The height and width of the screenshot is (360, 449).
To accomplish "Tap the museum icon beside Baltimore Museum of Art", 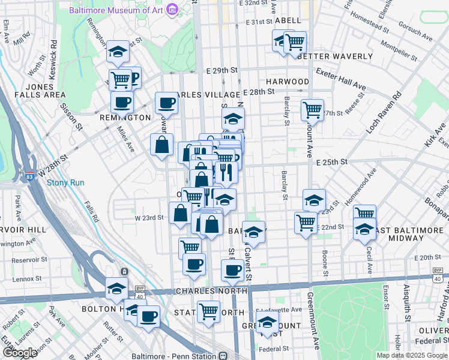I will [172, 10].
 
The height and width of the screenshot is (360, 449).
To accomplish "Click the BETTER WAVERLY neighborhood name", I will [334, 56].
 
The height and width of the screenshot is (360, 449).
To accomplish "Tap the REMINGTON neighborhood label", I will [125, 118].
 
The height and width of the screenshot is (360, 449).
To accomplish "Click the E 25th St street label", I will [332, 162].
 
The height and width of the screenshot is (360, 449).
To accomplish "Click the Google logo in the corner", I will [20, 353].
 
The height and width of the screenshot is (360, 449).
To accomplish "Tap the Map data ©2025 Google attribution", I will [412, 355].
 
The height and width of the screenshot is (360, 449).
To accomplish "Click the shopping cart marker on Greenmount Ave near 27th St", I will [312, 110].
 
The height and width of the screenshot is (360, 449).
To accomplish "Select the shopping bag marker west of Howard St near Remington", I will [162, 145].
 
